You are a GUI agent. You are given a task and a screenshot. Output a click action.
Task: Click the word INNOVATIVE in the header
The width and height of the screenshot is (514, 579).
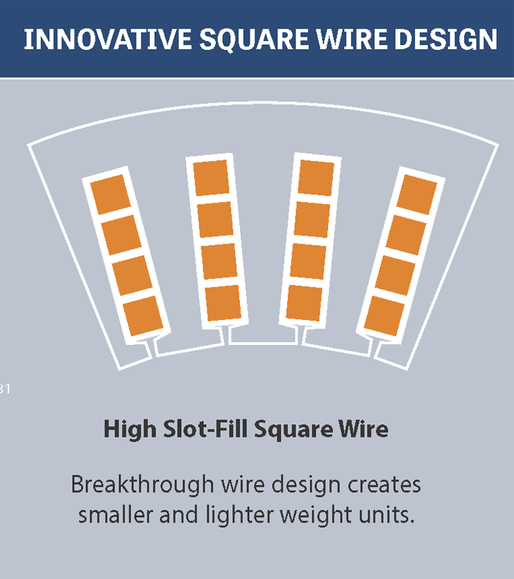[x=108, y=39]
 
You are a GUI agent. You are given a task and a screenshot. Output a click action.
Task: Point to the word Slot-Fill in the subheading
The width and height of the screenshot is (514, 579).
[x=205, y=429]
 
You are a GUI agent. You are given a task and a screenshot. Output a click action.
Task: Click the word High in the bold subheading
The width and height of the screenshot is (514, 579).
[x=130, y=430]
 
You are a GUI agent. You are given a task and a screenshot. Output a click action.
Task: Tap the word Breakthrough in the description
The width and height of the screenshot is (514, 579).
[x=142, y=485]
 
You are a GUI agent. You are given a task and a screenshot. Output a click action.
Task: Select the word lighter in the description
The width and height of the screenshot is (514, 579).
[x=239, y=515]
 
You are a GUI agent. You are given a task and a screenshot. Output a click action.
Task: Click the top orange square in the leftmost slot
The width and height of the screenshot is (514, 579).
[x=111, y=194]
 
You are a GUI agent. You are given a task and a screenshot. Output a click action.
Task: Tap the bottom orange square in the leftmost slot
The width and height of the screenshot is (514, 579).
[x=143, y=316]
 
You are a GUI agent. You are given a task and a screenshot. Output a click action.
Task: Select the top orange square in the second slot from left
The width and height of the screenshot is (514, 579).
[x=212, y=178]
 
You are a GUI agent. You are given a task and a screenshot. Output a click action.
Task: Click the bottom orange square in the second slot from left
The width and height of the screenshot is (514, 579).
[x=223, y=303]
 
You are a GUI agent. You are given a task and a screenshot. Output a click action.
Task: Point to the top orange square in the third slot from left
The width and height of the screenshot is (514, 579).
[x=316, y=178]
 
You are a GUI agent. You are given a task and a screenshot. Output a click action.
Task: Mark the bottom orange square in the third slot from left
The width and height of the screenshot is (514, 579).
[x=304, y=303]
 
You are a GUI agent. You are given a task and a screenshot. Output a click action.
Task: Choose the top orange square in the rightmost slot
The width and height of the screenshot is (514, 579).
[x=417, y=194]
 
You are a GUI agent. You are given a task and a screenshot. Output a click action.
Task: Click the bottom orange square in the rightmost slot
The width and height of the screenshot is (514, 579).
[x=384, y=316]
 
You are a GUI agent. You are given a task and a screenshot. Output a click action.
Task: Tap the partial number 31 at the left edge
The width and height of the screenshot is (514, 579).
[x=5, y=389]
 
